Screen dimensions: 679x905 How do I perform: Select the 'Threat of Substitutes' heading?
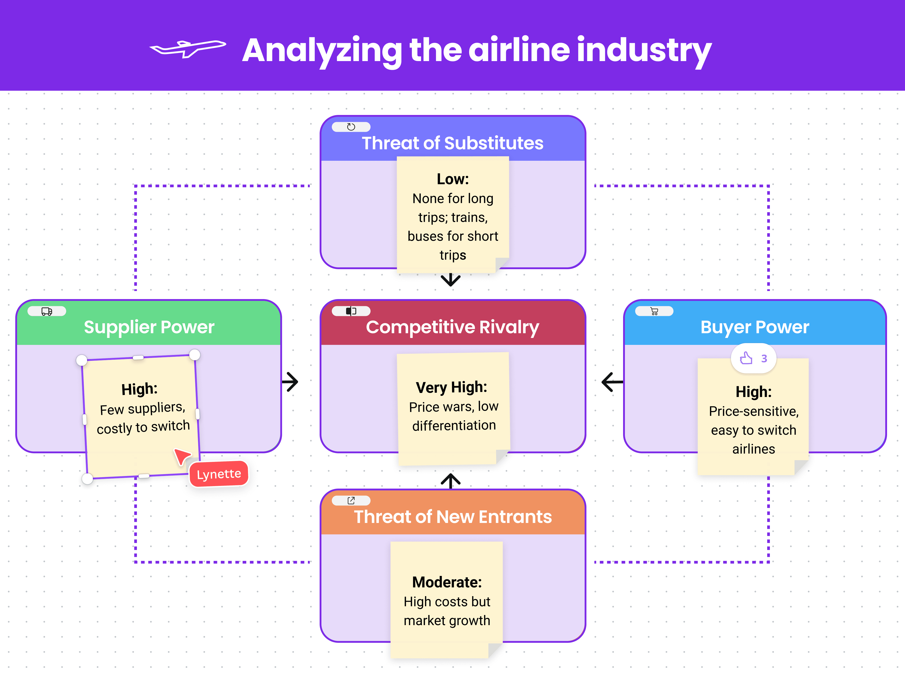452,143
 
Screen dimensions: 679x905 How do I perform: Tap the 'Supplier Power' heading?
149,327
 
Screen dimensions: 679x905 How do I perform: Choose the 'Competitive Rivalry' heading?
452,327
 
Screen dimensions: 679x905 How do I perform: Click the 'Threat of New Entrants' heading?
452,516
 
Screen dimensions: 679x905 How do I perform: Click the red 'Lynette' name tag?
219,474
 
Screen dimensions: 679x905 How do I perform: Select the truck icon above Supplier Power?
47,311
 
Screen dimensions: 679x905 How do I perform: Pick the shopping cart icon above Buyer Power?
654,311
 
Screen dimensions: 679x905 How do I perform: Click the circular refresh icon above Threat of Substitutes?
351,127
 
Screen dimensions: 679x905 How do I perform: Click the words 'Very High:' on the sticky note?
451,387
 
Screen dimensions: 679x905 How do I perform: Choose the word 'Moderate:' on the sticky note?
447,582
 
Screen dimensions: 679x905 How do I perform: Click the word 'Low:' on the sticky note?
452,179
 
